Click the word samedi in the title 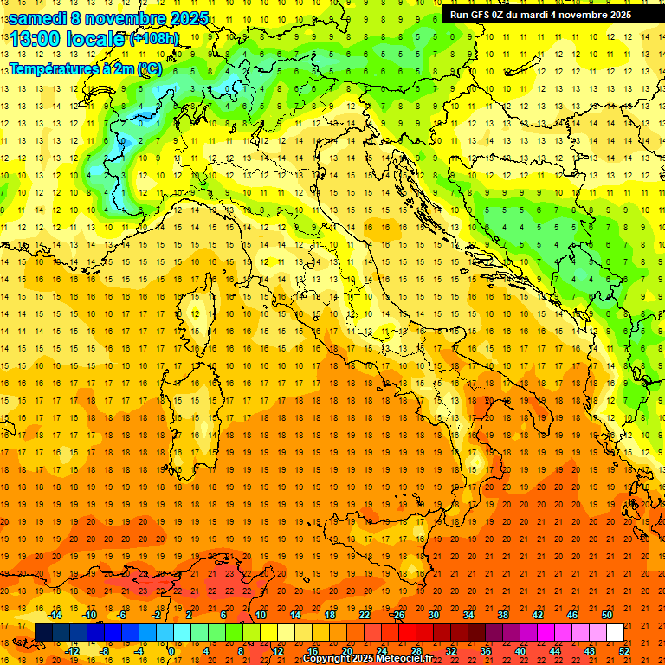(x=38, y=18)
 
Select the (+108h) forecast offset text (x=154, y=39)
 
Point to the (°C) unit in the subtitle (x=148, y=68)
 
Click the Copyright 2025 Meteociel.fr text (x=367, y=659)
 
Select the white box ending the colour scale (x=615, y=633)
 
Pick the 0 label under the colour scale (x=171, y=650)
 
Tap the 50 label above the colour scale (x=607, y=615)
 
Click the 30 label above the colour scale (x=433, y=615)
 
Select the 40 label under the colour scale (x=520, y=650)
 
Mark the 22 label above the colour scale (x=364, y=615)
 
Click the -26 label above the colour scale (x=397, y=615)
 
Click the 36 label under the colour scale (x=486, y=650)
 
